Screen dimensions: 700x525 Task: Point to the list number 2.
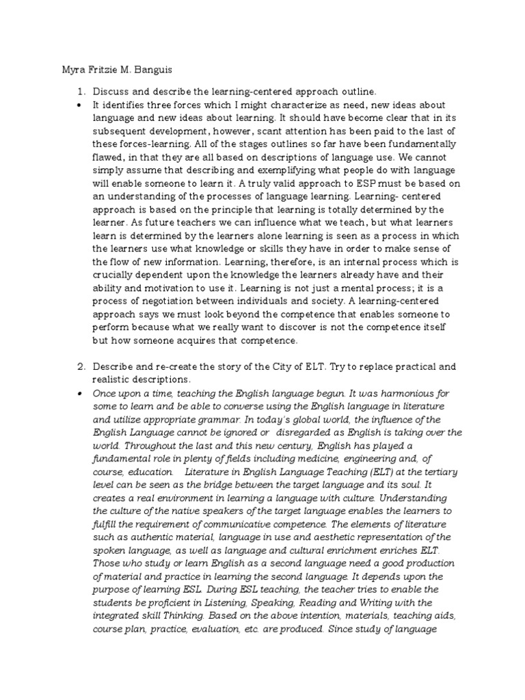(x=79, y=368)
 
